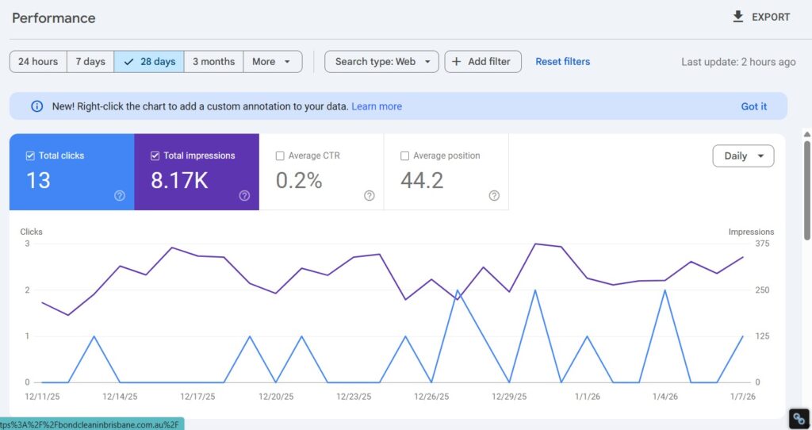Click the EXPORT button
(760, 17)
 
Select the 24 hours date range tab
(38, 62)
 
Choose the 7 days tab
(90, 62)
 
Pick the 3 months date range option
(213, 62)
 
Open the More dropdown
(272, 62)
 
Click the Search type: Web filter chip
(381, 62)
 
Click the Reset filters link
(562, 62)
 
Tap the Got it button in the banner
(753, 106)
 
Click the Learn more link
(377, 106)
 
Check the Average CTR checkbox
(280, 156)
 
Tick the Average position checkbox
(405, 156)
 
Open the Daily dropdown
(743, 156)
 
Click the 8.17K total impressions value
(179, 181)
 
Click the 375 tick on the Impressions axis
(762, 244)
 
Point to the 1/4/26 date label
(665, 397)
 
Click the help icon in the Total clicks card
(120, 196)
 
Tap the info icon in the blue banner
(36, 106)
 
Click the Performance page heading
(54, 17)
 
